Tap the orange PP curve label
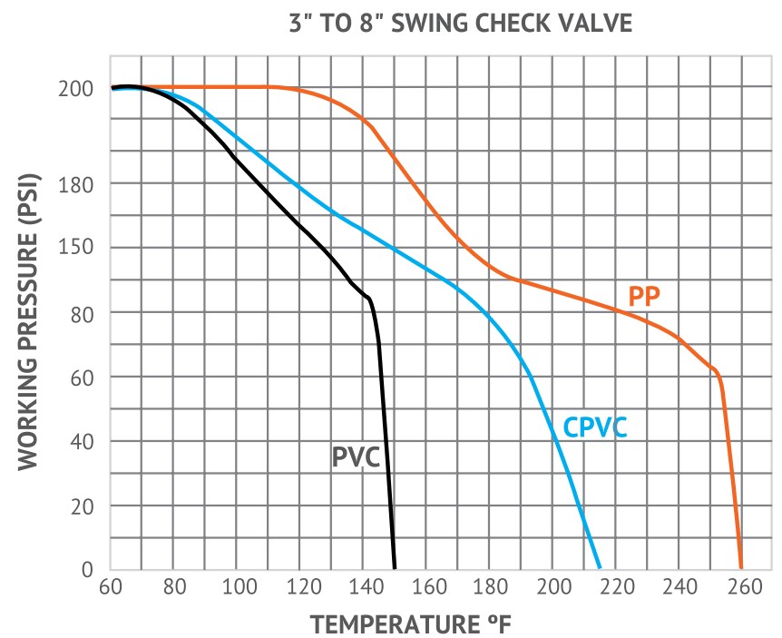644,296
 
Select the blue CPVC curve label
595,427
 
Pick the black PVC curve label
355,456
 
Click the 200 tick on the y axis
77,90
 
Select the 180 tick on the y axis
77,184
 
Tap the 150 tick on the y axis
77,248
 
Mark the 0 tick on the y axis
87,570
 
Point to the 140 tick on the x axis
363,587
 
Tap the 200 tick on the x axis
552,587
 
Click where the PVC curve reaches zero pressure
395,569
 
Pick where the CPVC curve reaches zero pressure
600,569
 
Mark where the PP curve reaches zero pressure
741,569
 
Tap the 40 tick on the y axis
82,441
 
